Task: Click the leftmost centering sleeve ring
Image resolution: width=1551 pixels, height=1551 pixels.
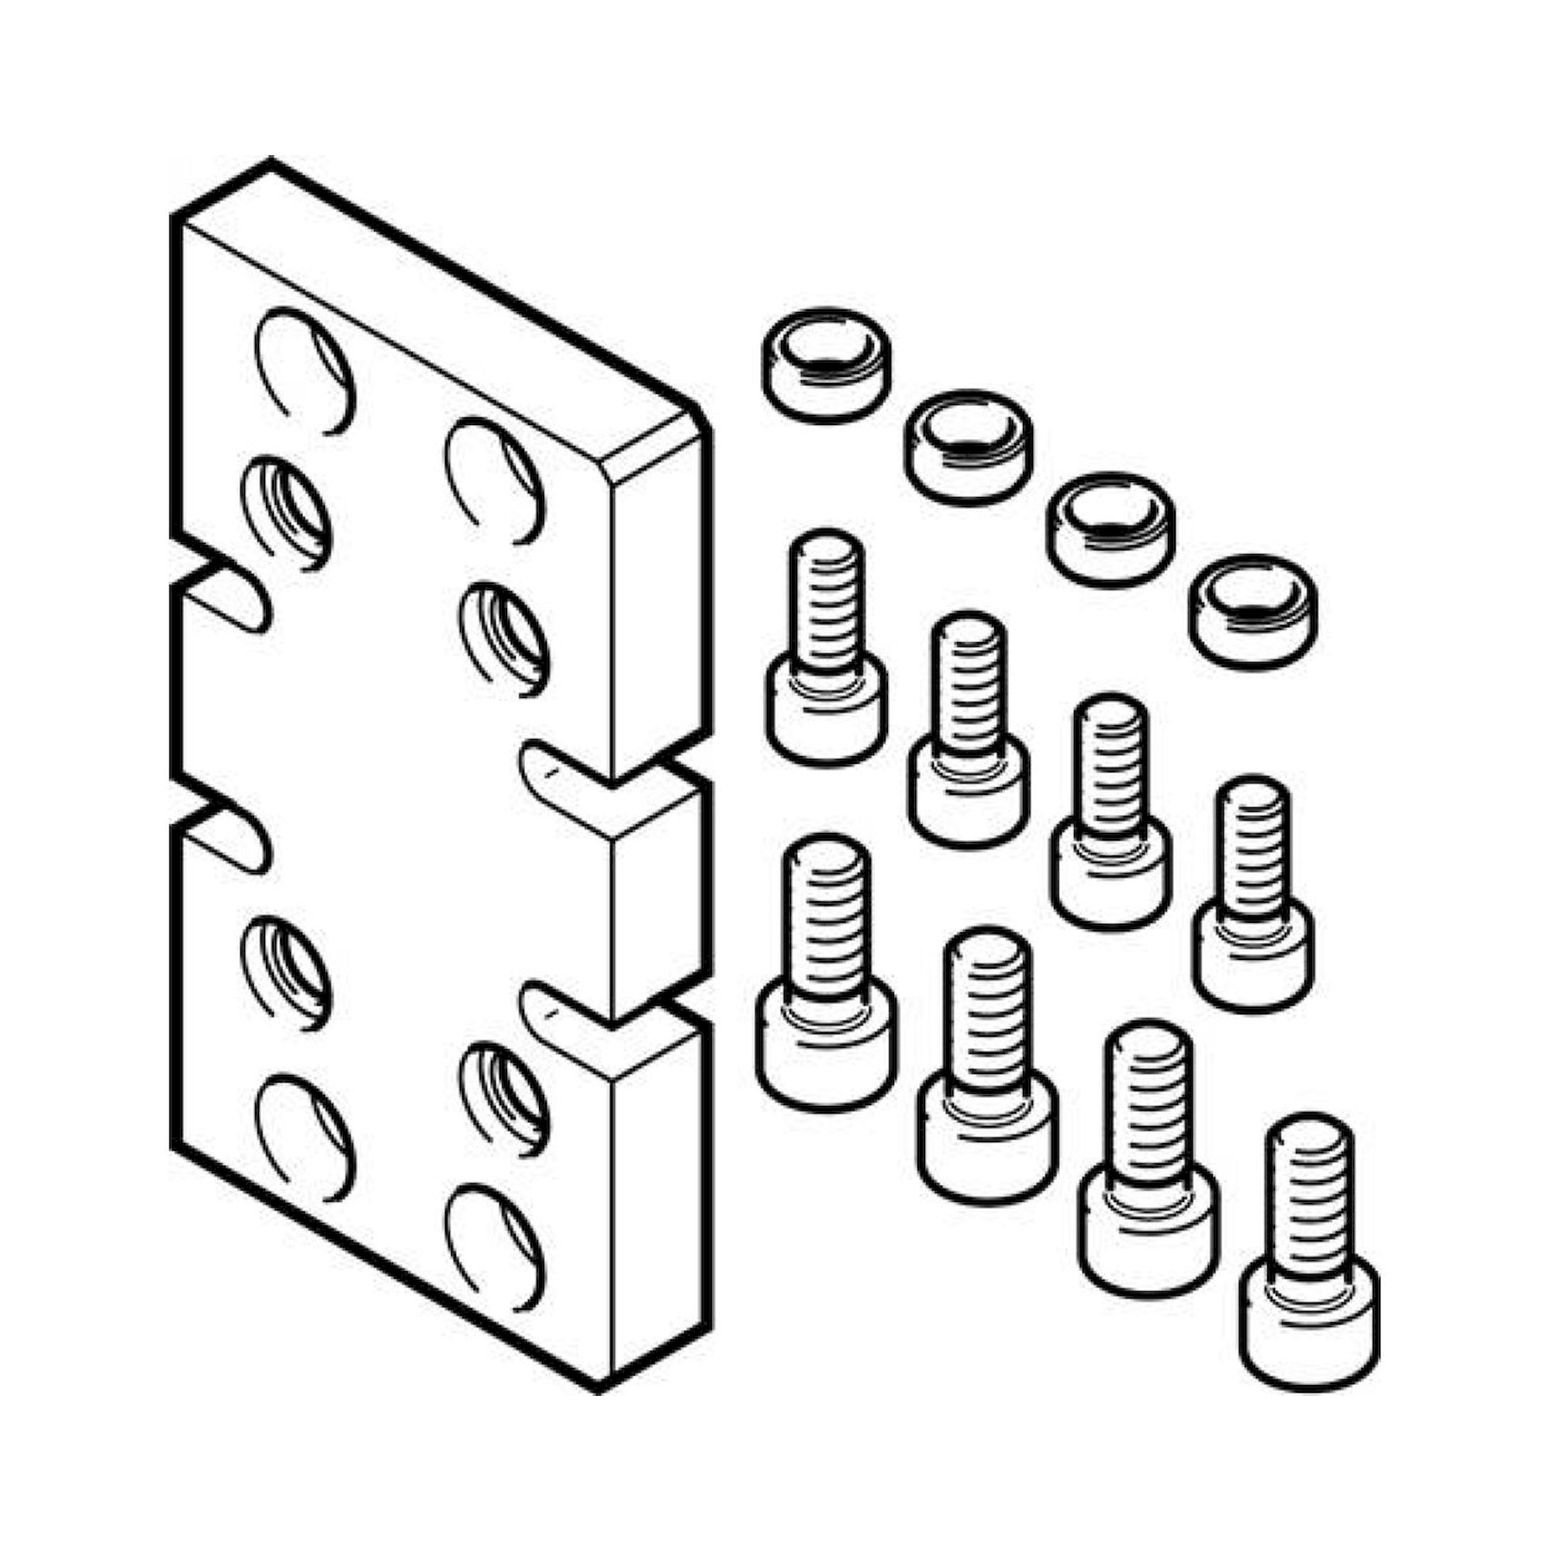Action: point(825,364)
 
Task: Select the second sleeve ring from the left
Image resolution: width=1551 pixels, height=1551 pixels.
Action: point(969,447)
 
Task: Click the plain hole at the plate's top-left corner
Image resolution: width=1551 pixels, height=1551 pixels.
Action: point(306,370)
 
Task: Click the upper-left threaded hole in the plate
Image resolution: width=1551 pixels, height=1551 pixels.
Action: point(287,512)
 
